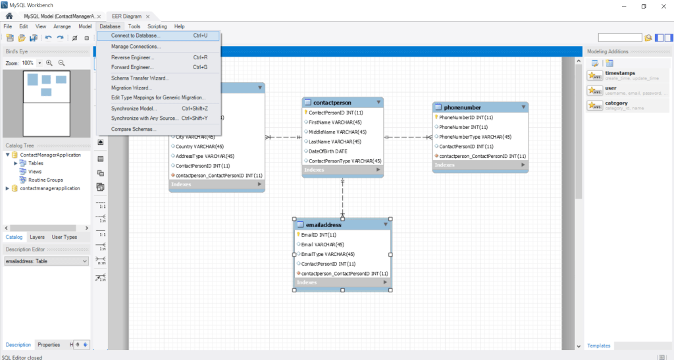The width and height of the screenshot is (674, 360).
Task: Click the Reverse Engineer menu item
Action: click(x=132, y=57)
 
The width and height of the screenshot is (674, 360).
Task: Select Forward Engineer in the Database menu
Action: click(x=133, y=67)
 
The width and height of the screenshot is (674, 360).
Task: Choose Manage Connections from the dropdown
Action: click(x=136, y=47)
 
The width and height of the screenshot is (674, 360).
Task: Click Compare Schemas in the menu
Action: click(x=134, y=129)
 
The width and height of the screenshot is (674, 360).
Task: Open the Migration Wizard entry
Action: click(x=132, y=88)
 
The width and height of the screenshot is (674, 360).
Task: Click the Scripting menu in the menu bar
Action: click(x=157, y=26)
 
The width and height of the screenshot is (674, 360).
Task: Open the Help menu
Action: click(x=179, y=26)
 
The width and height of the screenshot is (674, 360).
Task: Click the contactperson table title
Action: click(x=332, y=103)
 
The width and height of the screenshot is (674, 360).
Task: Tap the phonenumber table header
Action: click(x=462, y=107)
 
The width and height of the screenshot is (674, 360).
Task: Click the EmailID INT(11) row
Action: click(x=319, y=235)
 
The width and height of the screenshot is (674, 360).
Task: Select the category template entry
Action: click(x=617, y=103)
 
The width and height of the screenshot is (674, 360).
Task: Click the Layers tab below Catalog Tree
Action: click(x=37, y=237)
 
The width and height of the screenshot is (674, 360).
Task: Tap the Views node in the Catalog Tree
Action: click(x=35, y=172)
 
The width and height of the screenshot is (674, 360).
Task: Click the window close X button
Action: click(x=661, y=5)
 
